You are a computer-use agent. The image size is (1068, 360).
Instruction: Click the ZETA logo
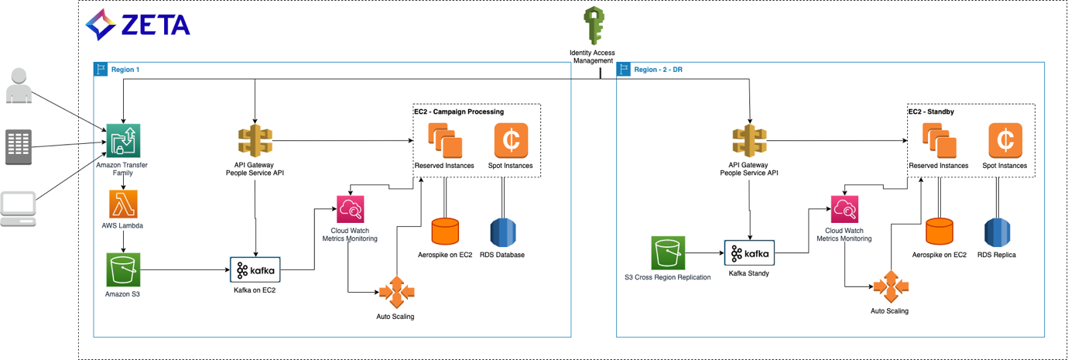[x=138, y=25]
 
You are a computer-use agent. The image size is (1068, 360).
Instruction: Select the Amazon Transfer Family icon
[x=123, y=141]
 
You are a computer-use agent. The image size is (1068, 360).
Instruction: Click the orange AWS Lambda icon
[x=123, y=204]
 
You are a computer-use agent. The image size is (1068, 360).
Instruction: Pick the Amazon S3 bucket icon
[x=123, y=269]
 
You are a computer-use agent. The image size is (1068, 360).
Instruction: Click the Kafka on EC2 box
[x=255, y=269]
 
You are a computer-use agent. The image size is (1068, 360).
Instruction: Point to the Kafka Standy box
[x=748, y=254]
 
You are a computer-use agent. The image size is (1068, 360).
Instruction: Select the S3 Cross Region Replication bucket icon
[x=667, y=253]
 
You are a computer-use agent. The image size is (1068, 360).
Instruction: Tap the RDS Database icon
[x=503, y=232]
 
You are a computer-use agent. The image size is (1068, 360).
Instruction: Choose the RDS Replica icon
[x=997, y=232]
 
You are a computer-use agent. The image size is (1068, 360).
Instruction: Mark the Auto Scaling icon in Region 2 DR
[x=889, y=287]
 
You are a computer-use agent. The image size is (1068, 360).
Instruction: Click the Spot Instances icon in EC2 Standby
[x=1005, y=140]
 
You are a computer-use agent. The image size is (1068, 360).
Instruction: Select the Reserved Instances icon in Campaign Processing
[x=445, y=141]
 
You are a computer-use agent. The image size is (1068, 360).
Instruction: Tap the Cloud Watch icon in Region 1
[x=350, y=209]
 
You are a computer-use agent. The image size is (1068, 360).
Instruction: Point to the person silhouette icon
[x=19, y=85]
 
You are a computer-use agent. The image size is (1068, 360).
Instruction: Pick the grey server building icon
[x=19, y=147]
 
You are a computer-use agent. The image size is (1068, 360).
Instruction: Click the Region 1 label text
[x=125, y=70]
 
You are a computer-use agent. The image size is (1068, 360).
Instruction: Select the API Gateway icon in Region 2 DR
[x=749, y=141]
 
